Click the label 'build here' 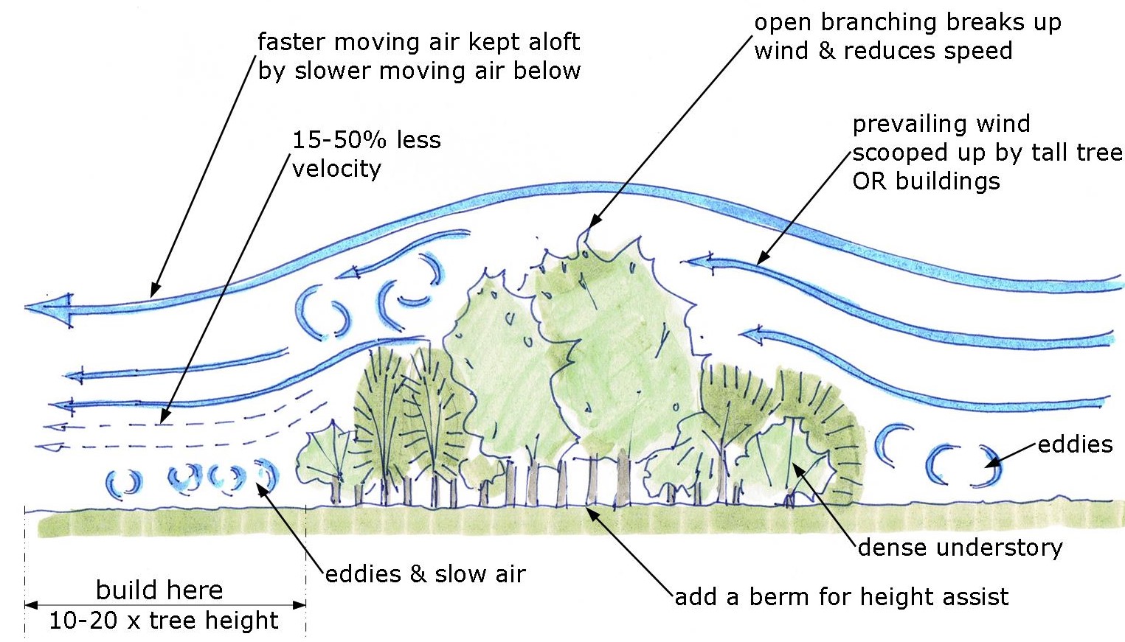pyautogui.click(x=159, y=590)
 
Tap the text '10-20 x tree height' pyautogui.click(x=164, y=621)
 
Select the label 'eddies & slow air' pyautogui.click(x=426, y=574)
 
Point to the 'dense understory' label pyautogui.click(x=960, y=548)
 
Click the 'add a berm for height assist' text pyautogui.click(x=842, y=596)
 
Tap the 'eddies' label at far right pyautogui.click(x=1075, y=444)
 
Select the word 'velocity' pyautogui.click(x=336, y=169)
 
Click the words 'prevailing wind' pyautogui.click(x=941, y=124)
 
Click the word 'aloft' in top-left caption pyautogui.click(x=544, y=42)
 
